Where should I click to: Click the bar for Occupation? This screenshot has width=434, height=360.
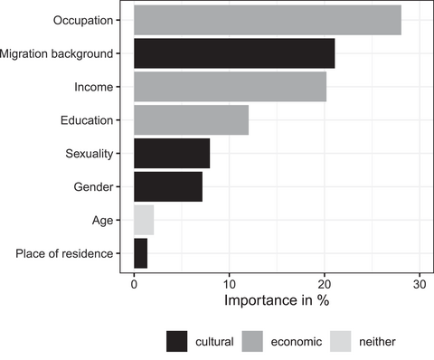pos(267,20)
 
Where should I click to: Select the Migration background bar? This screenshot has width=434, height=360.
pos(234,53)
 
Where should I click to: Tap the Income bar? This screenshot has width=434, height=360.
pos(230,87)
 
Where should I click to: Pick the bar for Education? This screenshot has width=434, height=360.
pos(191,120)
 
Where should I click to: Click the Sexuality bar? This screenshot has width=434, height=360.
pos(172,153)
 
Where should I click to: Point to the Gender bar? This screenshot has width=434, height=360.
pos(168,186)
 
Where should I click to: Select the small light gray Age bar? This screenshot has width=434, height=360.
pos(144,220)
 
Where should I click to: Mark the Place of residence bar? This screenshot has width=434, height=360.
pos(140,253)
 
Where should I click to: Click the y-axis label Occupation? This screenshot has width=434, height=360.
pos(83,20)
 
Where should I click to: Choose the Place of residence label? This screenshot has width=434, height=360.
pos(64,253)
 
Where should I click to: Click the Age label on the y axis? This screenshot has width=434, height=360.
pos(102,220)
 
